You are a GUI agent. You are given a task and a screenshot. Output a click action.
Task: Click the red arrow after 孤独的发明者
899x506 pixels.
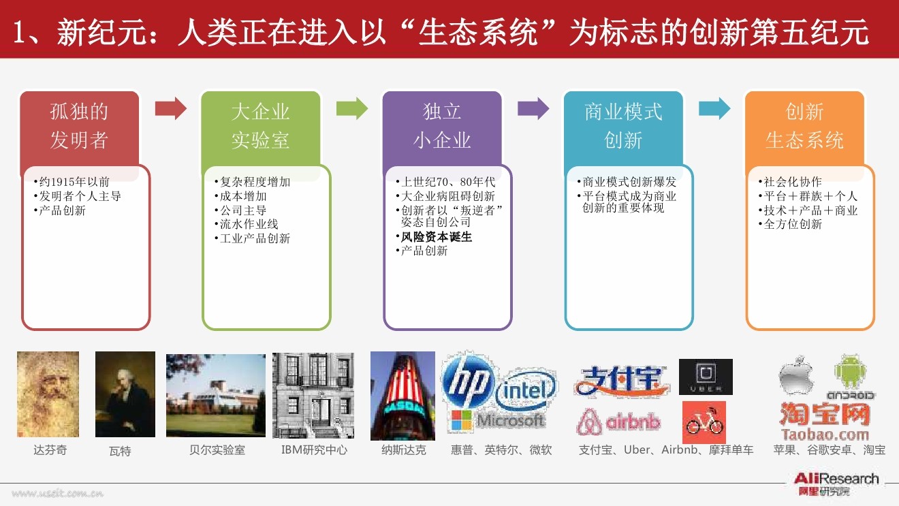pos(170,108)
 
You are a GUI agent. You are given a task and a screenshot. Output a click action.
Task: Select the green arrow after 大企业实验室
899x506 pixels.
pos(351,108)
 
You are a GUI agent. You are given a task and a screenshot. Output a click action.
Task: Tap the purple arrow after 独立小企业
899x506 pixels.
pos(533,108)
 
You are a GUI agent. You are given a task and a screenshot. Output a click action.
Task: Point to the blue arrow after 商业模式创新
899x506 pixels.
pos(714,108)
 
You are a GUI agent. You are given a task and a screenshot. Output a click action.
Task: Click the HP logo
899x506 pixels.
pos(469,383)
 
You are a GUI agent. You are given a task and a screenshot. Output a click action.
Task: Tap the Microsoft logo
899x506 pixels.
pos(497,420)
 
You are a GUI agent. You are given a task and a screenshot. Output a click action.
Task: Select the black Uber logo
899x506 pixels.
pos(706,377)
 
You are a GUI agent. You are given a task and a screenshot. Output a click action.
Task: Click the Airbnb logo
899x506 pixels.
pos(618,422)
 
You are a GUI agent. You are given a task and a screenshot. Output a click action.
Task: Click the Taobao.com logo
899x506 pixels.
pos(825,422)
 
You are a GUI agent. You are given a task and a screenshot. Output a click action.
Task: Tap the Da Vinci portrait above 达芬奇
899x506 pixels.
pos(48,394)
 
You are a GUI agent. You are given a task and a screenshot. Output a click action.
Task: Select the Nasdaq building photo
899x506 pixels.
pos(403,396)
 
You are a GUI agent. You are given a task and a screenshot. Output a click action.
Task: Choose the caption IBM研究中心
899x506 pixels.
pos(314,450)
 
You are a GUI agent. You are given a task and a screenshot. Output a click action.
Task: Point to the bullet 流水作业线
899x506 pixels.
pos(249,224)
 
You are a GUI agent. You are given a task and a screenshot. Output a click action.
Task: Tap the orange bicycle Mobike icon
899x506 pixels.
pos(704,422)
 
